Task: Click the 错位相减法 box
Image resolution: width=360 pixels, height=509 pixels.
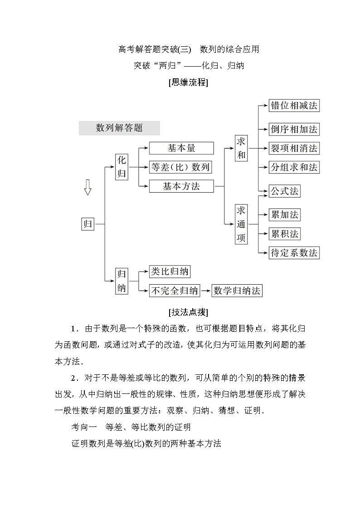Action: pyautogui.click(x=294, y=106)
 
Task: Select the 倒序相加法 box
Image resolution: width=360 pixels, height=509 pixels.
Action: pyautogui.click(x=294, y=129)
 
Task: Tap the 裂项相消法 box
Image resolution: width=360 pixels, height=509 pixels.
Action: pyautogui.click(x=294, y=148)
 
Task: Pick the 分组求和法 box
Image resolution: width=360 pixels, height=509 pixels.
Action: pyautogui.click(x=294, y=167)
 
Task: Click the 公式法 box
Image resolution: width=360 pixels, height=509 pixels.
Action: pyautogui.click(x=284, y=191)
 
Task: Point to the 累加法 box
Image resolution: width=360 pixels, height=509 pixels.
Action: pyautogui.click(x=284, y=215)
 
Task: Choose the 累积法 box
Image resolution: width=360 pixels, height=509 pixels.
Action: pyautogui.click(x=284, y=234)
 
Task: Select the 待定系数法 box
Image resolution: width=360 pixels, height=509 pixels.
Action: pyautogui.click(x=294, y=252)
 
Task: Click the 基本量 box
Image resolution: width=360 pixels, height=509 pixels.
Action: pyautogui.click(x=181, y=148)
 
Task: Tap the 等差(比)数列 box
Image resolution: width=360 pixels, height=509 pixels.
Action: pyautogui.click(x=181, y=167)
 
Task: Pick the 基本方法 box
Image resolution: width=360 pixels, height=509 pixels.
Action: pyautogui.click(x=181, y=186)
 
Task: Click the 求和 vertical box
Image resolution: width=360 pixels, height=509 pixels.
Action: pyautogui.click(x=241, y=148)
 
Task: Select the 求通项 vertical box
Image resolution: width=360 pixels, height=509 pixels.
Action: pyautogui.click(x=241, y=224)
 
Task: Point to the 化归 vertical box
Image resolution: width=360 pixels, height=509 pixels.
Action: pyautogui.click(x=122, y=167)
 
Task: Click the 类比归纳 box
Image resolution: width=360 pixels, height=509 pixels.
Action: pyautogui.click(x=170, y=271)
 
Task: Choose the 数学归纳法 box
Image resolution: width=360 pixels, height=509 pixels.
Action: pyautogui.click(x=237, y=291)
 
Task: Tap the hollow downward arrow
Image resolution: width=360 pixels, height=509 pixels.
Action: pyautogui.click(x=88, y=187)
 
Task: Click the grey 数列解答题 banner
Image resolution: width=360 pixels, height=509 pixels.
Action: pyautogui.click(x=119, y=128)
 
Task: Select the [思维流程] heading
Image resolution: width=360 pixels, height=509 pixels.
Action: pyautogui.click(x=188, y=83)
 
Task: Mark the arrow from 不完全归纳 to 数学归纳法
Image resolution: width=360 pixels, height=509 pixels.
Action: pyautogui.click(x=206, y=291)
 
